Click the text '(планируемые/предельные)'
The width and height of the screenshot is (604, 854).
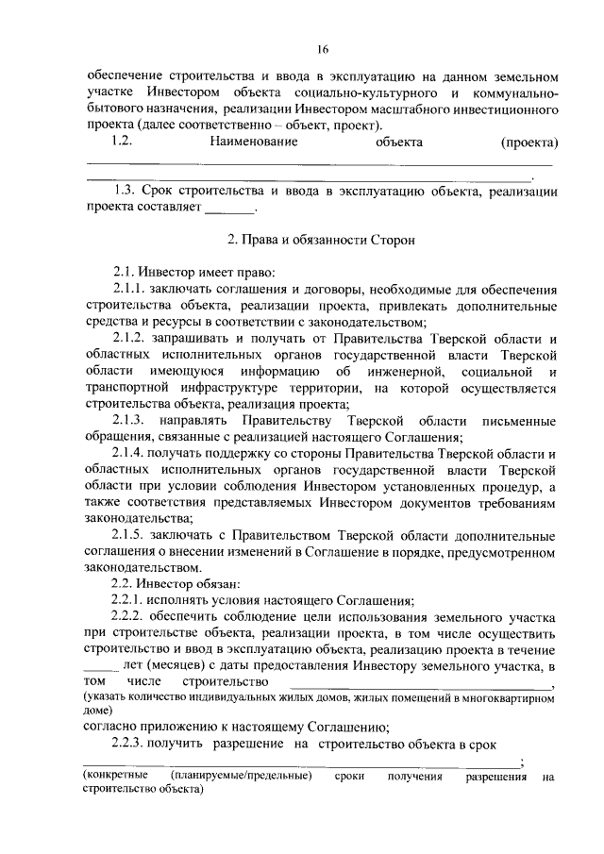click(x=242, y=777)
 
